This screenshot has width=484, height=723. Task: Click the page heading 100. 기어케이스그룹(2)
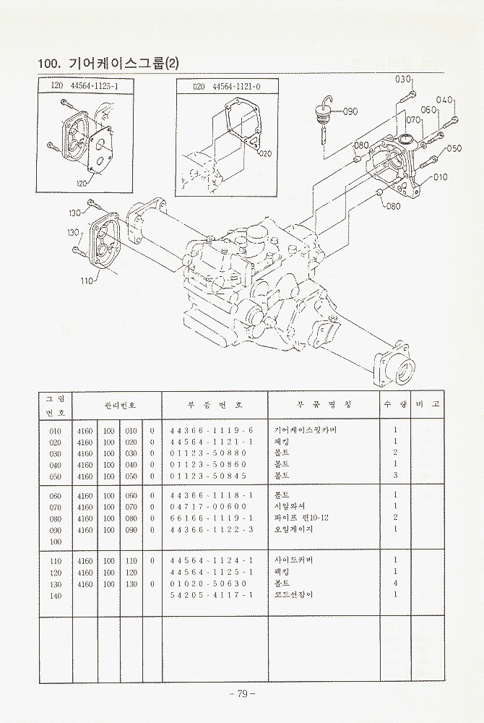click(108, 64)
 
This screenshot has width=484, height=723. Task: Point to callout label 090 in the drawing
click(350, 111)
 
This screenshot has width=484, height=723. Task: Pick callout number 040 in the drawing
click(444, 100)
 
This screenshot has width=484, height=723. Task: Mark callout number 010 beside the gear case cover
click(441, 176)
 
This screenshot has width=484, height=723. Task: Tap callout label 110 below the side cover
click(87, 281)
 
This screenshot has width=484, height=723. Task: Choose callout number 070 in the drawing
click(413, 119)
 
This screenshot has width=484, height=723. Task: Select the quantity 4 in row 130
click(395, 583)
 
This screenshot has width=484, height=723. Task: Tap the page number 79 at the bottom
click(241, 694)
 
